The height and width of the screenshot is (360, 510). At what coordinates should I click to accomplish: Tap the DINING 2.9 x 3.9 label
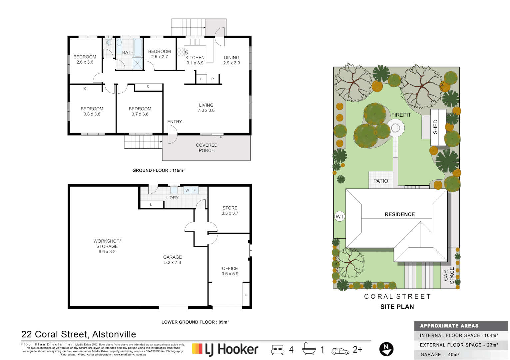pyautogui.click(x=232, y=60)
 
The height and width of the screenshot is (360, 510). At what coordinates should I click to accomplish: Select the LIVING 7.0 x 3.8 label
pyautogui.click(x=206, y=108)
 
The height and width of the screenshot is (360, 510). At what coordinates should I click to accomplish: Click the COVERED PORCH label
pyautogui.click(x=207, y=148)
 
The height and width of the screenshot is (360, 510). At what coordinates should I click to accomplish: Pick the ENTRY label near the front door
pyautogui.click(x=175, y=122)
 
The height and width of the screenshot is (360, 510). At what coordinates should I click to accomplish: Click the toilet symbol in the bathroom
pyautogui.click(x=109, y=43)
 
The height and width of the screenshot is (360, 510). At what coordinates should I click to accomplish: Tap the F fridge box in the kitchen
pyautogui.click(x=201, y=79)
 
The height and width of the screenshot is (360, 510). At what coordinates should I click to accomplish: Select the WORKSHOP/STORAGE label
pyautogui.click(x=107, y=246)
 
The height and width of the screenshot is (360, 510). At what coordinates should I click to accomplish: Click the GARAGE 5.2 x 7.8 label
pyautogui.click(x=173, y=260)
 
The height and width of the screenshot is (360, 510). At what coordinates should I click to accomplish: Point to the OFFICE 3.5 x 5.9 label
pyautogui.click(x=230, y=271)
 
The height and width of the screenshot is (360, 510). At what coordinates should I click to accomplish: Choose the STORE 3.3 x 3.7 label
pyautogui.click(x=230, y=210)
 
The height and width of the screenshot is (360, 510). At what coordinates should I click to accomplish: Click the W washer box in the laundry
pyautogui.click(x=187, y=190)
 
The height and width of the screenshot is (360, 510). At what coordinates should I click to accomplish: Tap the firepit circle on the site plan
pyautogui.click(x=395, y=128)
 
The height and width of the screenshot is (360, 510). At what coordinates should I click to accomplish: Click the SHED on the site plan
pyautogui.click(x=438, y=127)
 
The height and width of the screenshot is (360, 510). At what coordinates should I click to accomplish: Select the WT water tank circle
pyautogui.click(x=339, y=217)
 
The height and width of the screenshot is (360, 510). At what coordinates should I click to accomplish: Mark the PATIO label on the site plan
pyautogui.click(x=380, y=181)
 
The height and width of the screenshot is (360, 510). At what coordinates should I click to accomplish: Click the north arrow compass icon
pyautogui.click(x=386, y=349)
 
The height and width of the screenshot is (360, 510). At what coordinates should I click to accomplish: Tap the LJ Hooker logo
pyautogui.click(x=225, y=349)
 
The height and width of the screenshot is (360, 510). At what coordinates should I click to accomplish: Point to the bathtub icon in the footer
pyautogui.click(x=309, y=349)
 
